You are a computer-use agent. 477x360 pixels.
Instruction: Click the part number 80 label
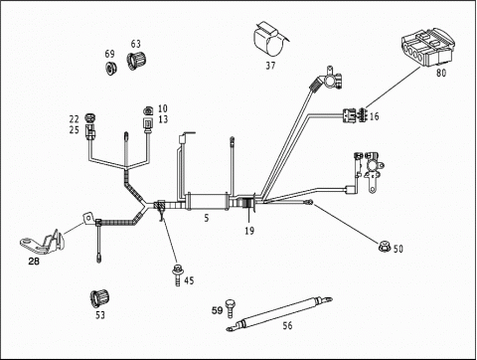coord(441,73)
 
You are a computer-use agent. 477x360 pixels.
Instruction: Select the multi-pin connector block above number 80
coord(427,47)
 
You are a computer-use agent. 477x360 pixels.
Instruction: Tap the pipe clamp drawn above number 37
coord(269,40)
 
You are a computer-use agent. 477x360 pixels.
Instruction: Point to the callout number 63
coord(135,44)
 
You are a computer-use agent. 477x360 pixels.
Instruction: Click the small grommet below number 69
coord(111,68)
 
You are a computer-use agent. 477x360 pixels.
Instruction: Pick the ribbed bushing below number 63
coord(136,61)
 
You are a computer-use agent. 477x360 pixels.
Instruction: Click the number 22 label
coord(75,118)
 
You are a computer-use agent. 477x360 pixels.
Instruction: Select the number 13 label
coord(163,119)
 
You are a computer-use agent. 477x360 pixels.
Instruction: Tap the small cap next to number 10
coord(148,110)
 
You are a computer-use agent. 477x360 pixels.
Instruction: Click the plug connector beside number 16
coord(355,115)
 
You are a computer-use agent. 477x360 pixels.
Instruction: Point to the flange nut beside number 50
coord(385,247)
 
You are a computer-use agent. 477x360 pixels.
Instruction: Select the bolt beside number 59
coord(230,308)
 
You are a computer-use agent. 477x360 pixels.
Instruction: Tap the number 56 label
coord(287,325)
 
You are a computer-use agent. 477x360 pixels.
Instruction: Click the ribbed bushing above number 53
coord(99,298)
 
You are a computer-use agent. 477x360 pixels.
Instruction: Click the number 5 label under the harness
coord(207,218)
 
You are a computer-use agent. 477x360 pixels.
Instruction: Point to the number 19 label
coord(249,231)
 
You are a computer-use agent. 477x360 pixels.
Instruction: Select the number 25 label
coord(75,130)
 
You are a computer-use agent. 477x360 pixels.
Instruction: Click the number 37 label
coord(270,66)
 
